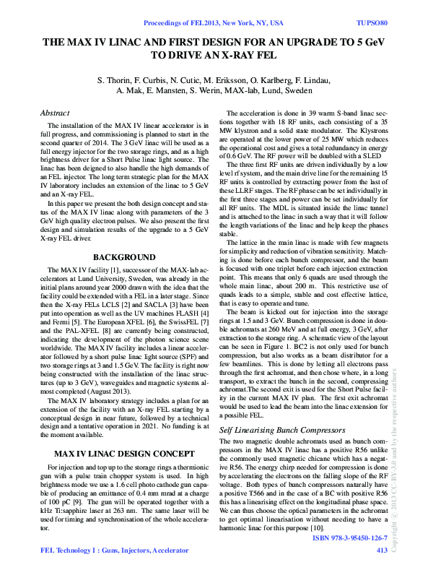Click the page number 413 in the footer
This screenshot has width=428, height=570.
pyautogui.click(x=382, y=550)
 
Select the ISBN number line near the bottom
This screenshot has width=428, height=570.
pyautogui.click(x=350, y=538)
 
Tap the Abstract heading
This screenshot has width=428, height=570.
pyautogui.click(x=55, y=113)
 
